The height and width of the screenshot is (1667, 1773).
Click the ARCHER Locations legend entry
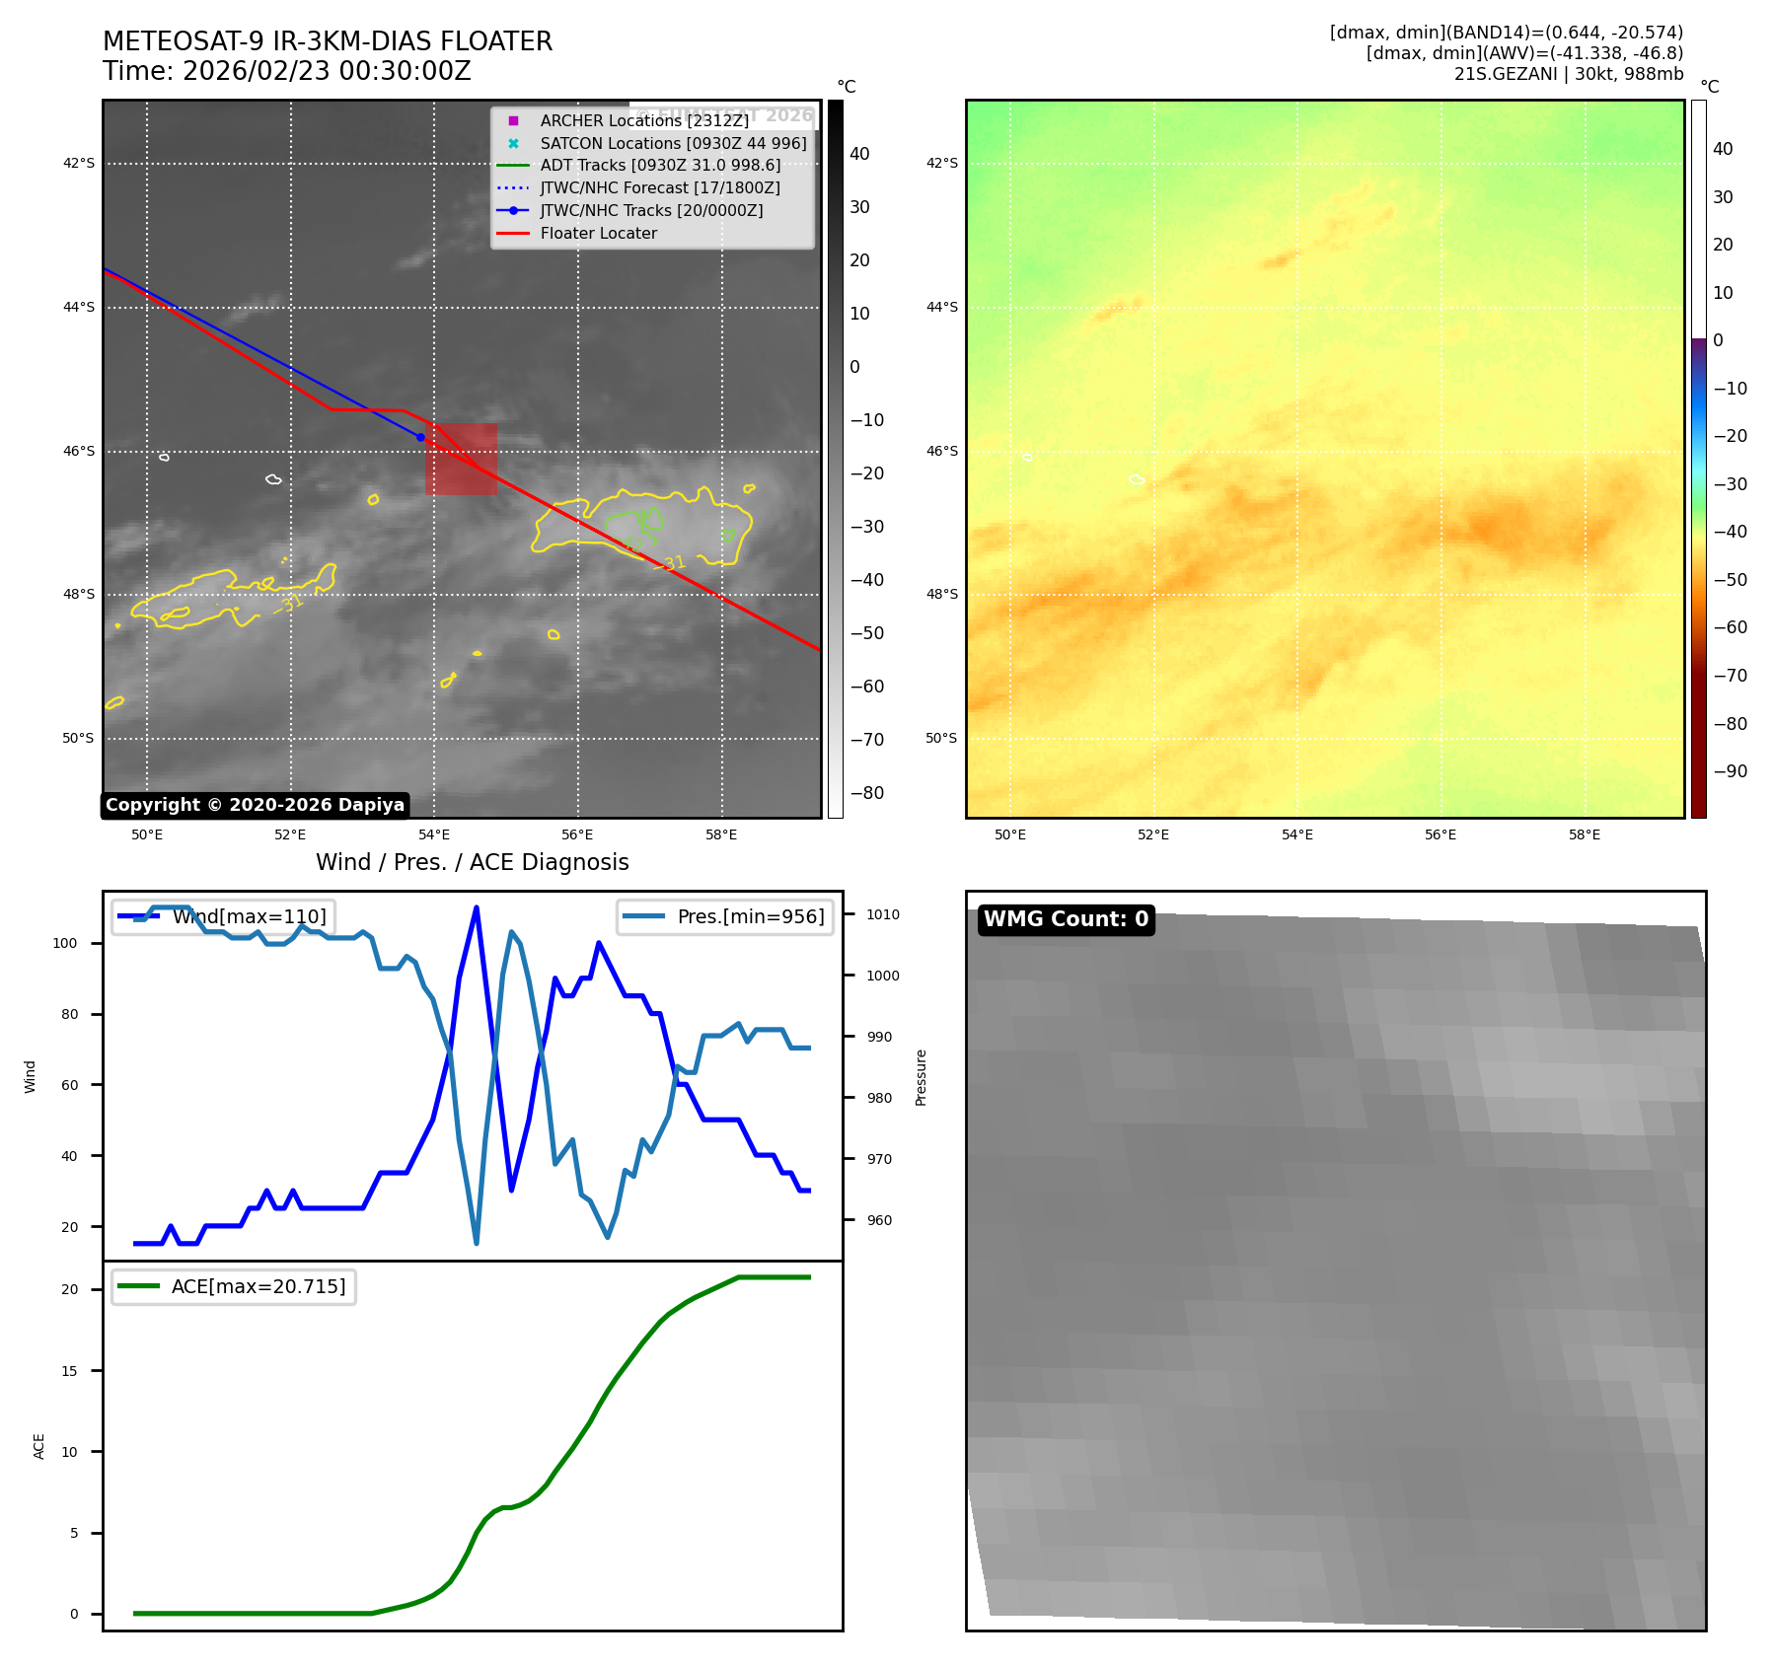tap(643, 120)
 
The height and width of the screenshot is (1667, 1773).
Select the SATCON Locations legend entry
tap(673, 143)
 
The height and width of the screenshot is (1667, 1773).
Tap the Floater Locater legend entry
tap(598, 233)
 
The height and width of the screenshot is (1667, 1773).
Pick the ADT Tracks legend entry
tap(660, 166)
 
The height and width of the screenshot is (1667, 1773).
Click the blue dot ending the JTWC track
tap(420, 437)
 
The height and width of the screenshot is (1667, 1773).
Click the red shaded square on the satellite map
tap(461, 459)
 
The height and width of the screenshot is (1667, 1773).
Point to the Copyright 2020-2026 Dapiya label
tap(255, 805)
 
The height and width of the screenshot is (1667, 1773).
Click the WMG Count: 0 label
tap(1066, 919)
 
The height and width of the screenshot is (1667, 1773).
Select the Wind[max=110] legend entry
tap(249, 916)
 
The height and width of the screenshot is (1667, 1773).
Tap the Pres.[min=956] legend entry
tap(750, 916)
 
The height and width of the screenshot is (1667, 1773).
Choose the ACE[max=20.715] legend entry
tap(259, 1286)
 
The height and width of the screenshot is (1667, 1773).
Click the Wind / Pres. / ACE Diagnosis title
tap(472, 862)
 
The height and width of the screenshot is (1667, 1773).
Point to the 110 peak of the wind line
tap(477, 907)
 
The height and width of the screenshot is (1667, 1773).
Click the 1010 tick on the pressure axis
tap(882, 914)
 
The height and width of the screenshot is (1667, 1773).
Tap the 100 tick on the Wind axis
tap(65, 943)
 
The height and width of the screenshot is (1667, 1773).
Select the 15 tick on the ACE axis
tap(69, 1371)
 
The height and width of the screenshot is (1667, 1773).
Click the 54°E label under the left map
tap(434, 835)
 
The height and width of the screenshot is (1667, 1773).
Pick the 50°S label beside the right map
tap(941, 738)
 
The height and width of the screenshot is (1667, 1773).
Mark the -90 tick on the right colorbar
tap(1730, 771)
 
